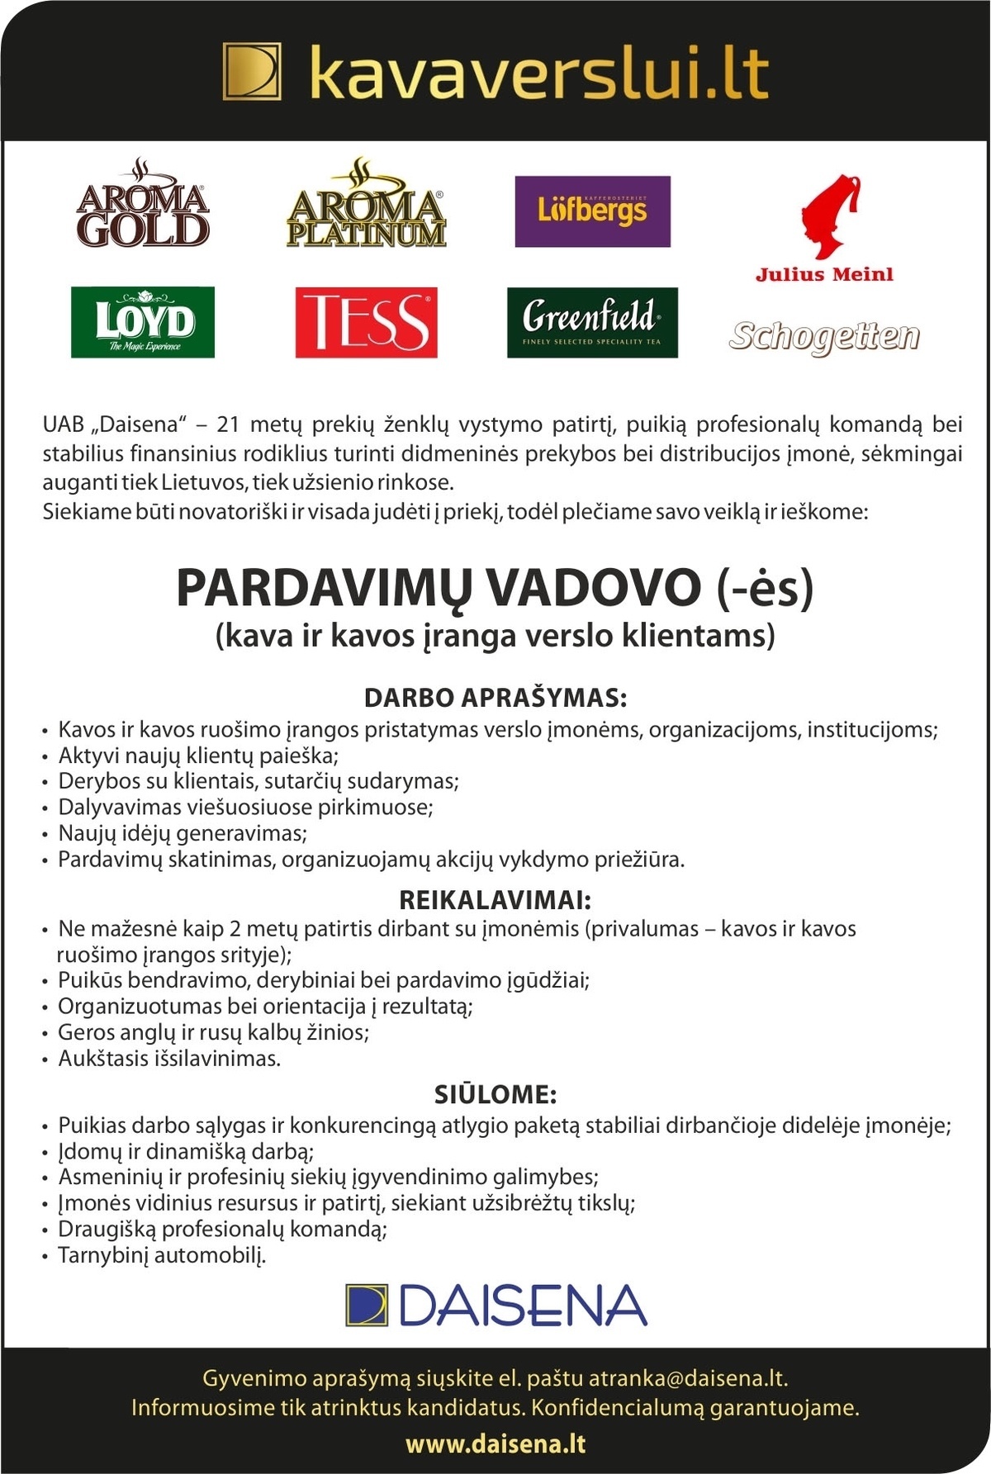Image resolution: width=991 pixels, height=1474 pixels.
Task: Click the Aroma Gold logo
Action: pos(142,205)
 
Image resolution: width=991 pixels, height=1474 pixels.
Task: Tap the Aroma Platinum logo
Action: pos(366,206)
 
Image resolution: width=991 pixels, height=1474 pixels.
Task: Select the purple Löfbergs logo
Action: pos(592,211)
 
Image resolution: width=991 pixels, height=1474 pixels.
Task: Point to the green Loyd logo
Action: pos(143,322)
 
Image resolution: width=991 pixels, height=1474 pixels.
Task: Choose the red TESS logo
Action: pos(366,322)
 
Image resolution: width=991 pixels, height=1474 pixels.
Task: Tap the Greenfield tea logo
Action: pos(592,322)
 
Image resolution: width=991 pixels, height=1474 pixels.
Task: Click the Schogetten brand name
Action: pos(824,336)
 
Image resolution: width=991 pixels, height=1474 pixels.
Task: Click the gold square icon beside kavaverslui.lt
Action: pos(252,73)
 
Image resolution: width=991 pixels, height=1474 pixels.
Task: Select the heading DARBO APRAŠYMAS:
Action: pos(495,698)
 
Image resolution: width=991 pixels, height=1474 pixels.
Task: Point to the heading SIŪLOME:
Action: pos(495,1095)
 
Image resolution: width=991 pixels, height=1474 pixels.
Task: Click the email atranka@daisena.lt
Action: pos(687,1378)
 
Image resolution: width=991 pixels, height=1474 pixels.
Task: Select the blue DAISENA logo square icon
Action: pos(367,1306)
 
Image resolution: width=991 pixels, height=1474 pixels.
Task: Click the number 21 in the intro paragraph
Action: pos(228,425)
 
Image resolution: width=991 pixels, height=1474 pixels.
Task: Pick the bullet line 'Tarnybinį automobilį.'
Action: pos(162,1256)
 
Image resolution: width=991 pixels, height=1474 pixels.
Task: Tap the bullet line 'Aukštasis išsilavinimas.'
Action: pos(169,1059)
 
